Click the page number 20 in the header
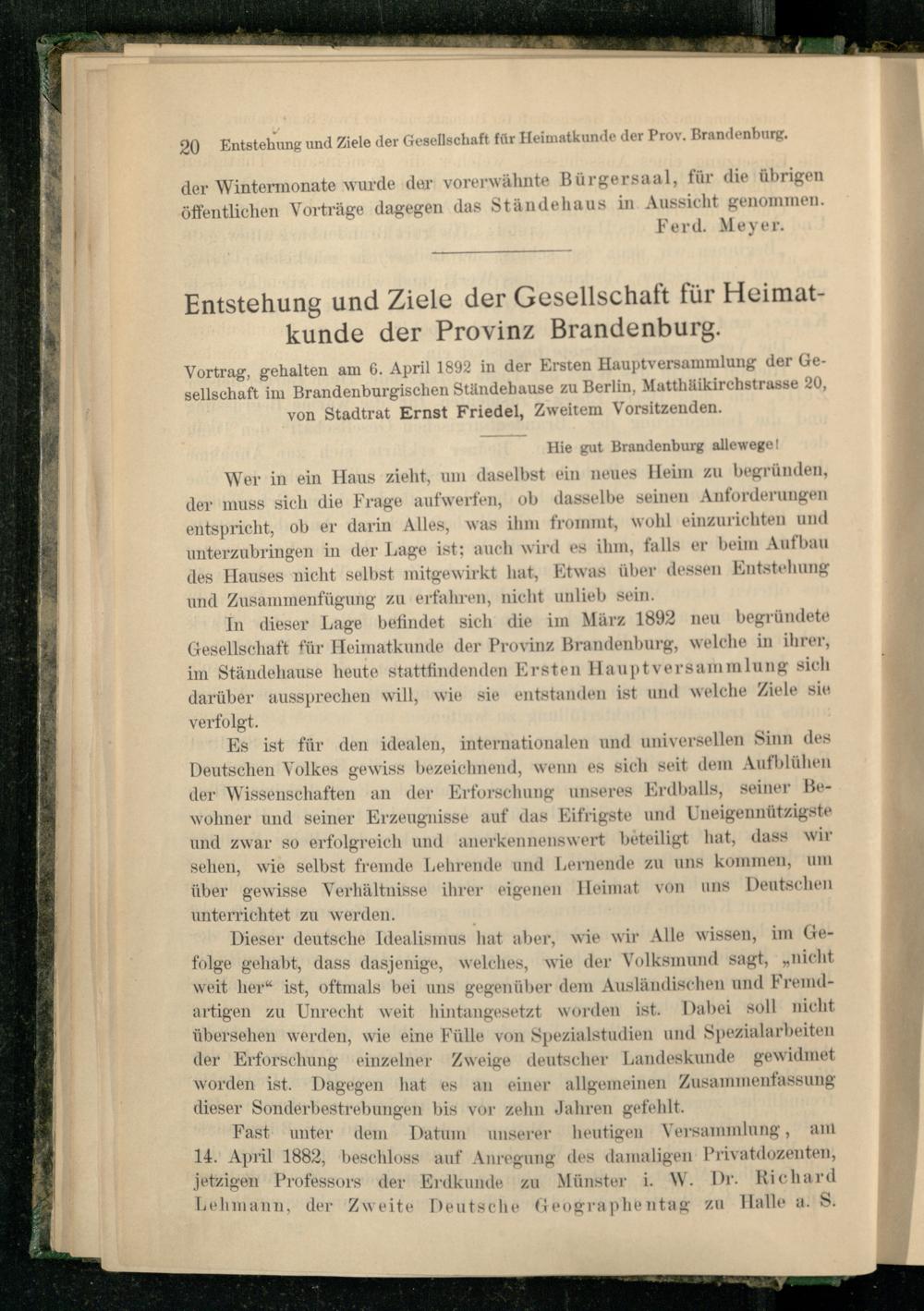tap(190, 146)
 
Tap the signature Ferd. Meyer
tap(720, 225)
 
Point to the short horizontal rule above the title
tap(502, 250)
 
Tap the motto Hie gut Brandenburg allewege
tap(665, 444)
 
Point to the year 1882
tap(291, 1157)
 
